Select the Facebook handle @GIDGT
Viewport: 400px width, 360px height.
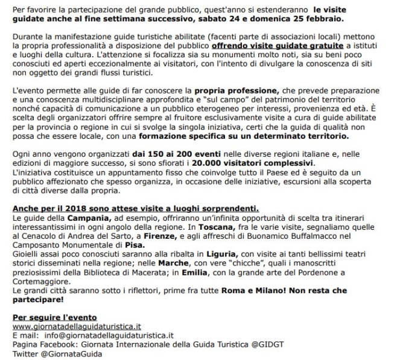(253, 344)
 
